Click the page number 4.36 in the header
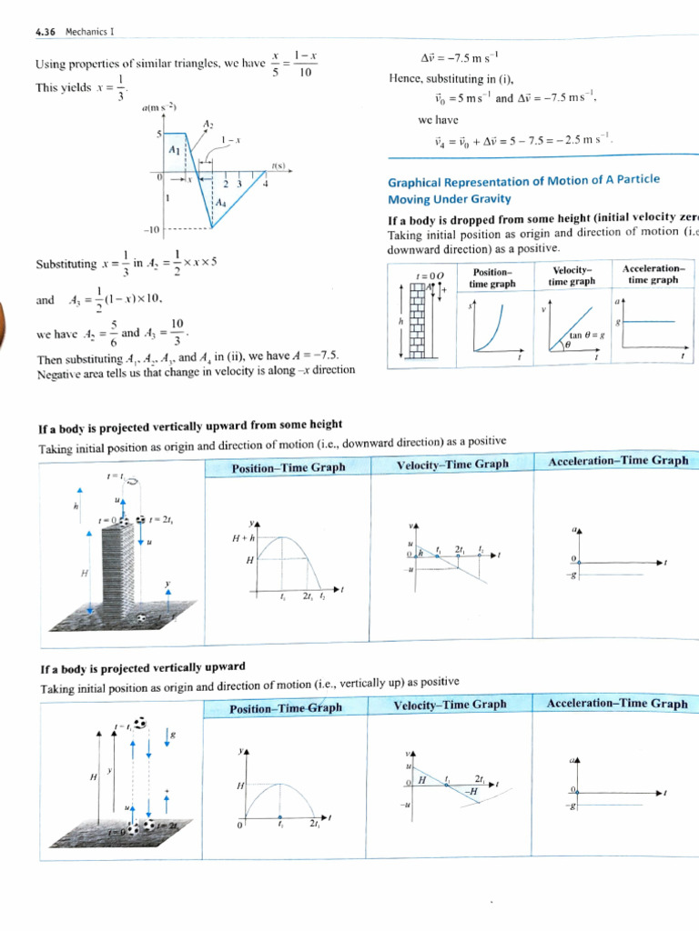(45, 32)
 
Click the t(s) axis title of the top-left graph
(279, 166)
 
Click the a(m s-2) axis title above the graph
(159, 107)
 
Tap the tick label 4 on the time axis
(266, 185)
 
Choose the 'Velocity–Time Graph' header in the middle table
(451, 465)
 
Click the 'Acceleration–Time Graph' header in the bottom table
(617, 703)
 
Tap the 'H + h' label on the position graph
(243, 537)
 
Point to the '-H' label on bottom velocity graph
(471, 791)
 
